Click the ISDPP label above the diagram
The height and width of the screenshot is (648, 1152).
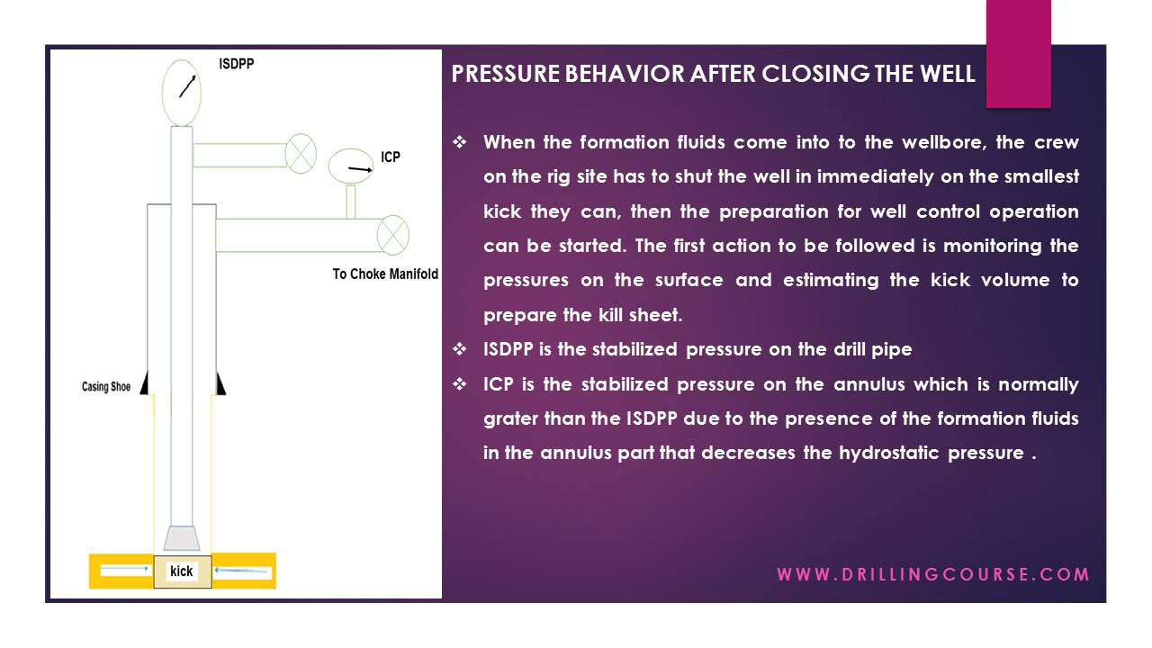237,65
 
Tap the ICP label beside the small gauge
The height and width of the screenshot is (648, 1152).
390,157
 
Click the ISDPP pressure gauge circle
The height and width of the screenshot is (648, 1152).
183,91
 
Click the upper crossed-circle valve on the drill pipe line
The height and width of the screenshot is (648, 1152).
301,153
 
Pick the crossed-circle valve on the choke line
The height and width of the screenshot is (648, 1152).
392,235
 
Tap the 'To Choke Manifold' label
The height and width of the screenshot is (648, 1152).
385,274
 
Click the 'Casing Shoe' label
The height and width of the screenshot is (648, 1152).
106,387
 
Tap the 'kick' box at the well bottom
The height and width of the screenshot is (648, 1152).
182,571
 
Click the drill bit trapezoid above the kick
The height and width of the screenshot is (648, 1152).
182,537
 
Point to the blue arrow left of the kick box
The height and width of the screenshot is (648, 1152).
124,570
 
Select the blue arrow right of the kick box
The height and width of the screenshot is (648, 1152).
242,572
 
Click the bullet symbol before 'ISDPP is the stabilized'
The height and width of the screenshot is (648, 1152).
459,349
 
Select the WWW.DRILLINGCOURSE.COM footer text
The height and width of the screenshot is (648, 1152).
933,574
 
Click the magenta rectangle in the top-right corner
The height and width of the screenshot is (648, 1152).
1018,53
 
